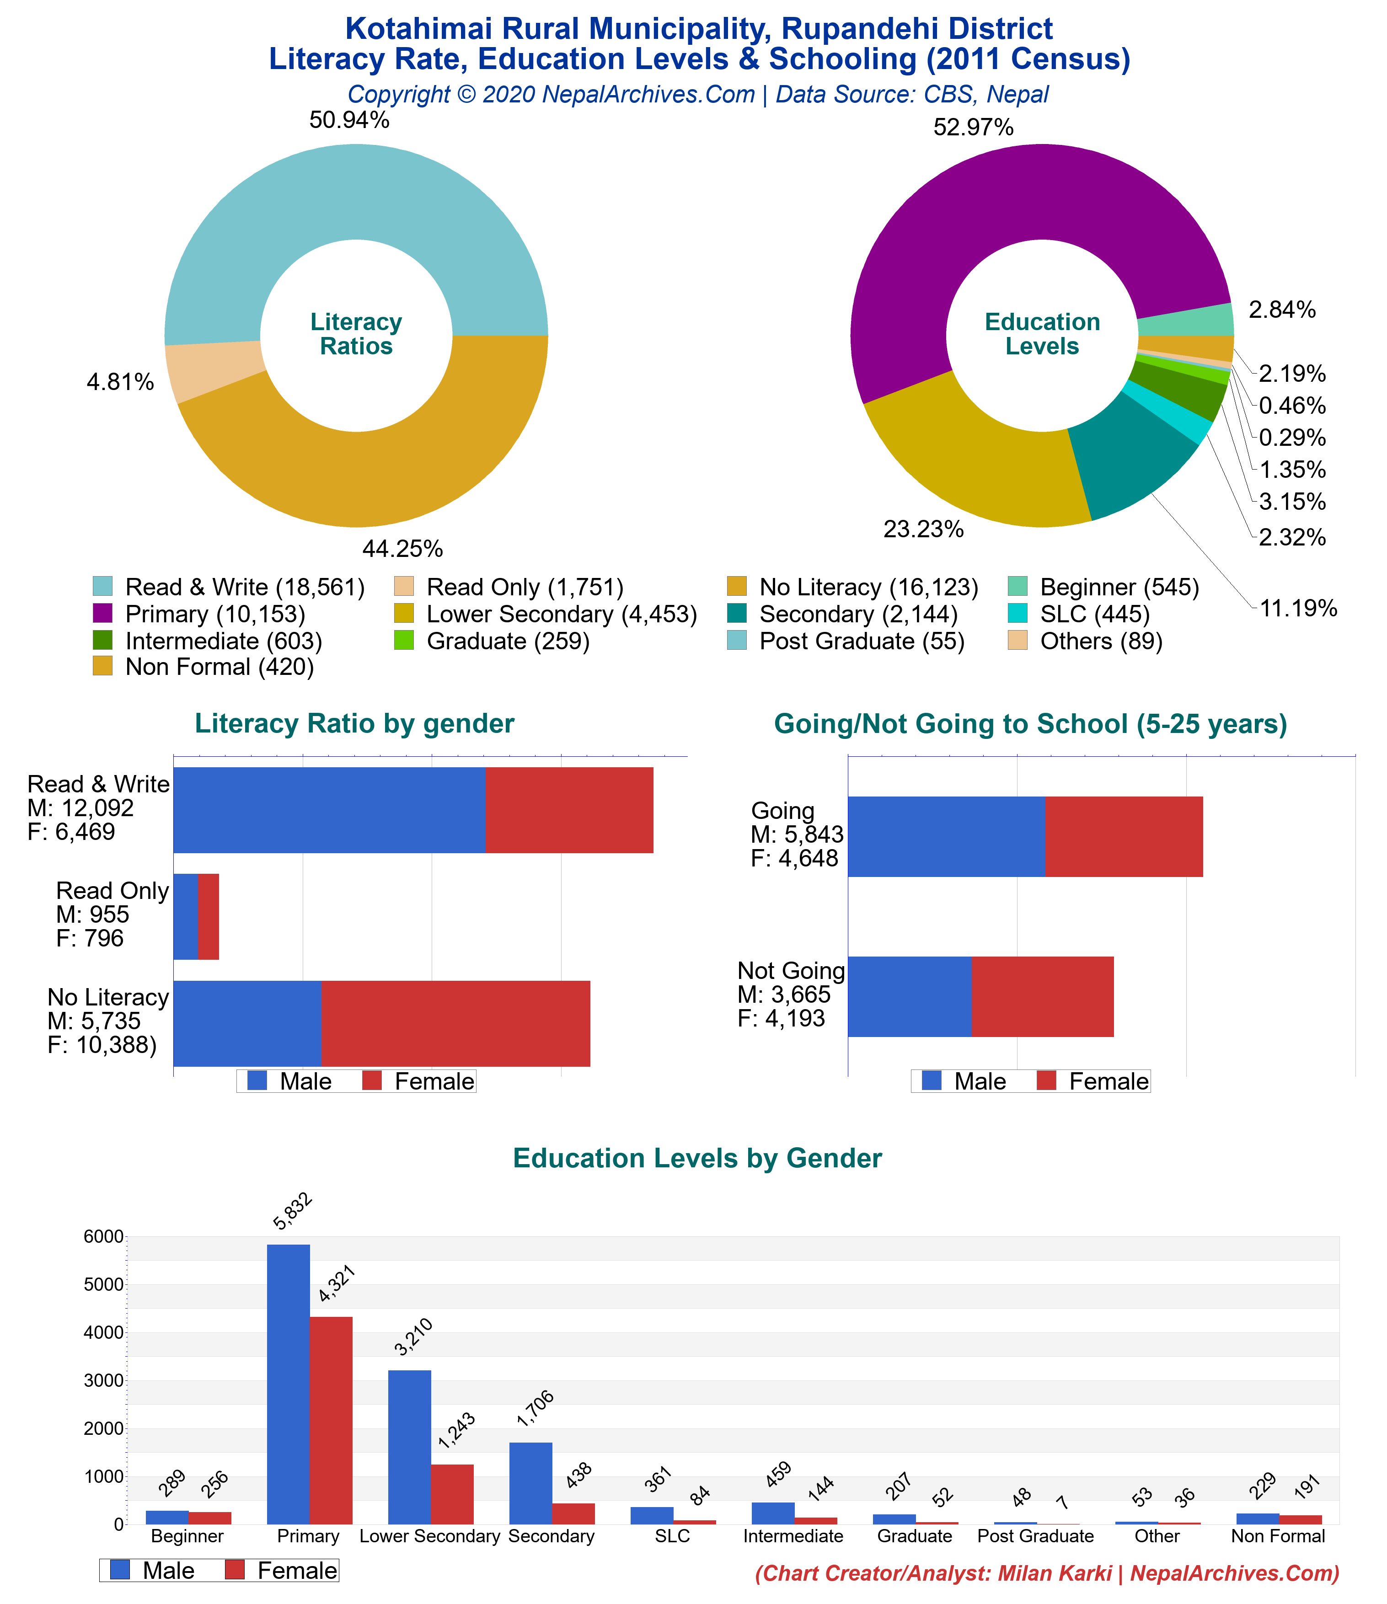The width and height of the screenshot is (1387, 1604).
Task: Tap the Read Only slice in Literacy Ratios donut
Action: (x=213, y=372)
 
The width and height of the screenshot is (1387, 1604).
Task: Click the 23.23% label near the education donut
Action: (x=923, y=529)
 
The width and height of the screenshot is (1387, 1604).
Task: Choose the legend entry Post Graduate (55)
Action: (x=861, y=641)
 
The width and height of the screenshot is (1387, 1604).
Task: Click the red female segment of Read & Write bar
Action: (x=569, y=810)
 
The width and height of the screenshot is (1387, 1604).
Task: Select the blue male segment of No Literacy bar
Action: (x=248, y=1023)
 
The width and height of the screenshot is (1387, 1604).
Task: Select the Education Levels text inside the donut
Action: (x=1042, y=334)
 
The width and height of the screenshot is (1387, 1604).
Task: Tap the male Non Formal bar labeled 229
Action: (x=1258, y=1519)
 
